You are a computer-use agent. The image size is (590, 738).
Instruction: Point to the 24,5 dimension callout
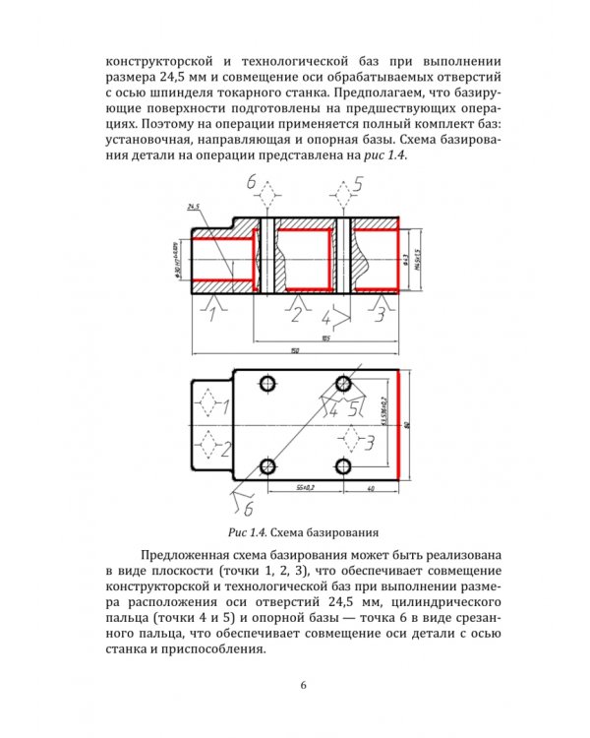pos(192,207)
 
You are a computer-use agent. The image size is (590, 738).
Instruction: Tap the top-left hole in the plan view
pos(265,382)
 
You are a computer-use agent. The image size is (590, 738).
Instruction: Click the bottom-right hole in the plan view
pos(343,465)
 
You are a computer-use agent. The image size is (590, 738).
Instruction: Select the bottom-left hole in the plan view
pos(265,465)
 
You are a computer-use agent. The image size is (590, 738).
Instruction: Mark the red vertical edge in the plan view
pos(397,424)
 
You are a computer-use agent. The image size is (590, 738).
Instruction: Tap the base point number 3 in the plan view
pos(368,442)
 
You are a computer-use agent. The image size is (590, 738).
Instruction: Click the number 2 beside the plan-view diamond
pos(225,450)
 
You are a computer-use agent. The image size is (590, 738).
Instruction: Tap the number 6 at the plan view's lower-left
pos(247,509)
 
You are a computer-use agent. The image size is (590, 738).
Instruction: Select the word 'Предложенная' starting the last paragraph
pos(189,556)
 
